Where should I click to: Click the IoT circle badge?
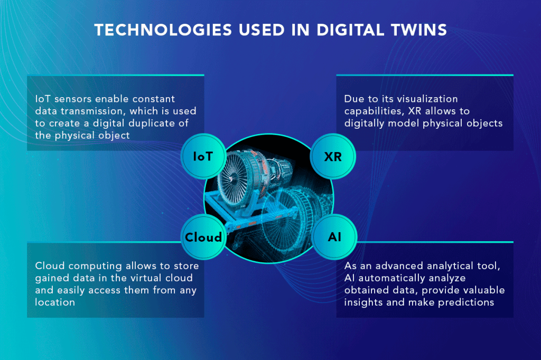point(203,156)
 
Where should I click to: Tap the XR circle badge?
point(333,156)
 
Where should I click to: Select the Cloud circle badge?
point(203,237)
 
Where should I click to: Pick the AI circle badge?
point(334,237)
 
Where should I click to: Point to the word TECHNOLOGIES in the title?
point(163,30)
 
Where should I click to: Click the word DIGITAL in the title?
point(350,30)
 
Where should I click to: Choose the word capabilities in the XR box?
point(375,111)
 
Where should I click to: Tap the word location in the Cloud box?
point(55,302)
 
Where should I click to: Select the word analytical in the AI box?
point(450,266)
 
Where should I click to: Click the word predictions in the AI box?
point(466,302)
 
